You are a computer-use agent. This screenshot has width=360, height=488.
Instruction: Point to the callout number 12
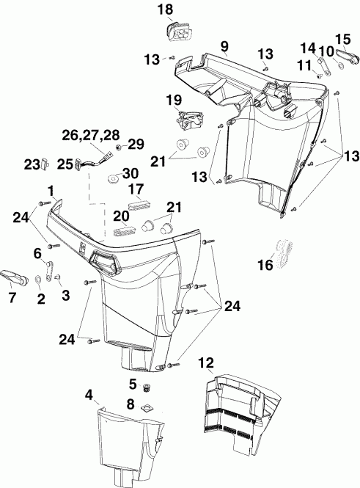(207, 362)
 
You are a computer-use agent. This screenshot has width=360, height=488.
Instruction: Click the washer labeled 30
(114, 178)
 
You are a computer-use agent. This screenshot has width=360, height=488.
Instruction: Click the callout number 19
(174, 98)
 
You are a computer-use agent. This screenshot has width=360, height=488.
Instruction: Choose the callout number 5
(133, 383)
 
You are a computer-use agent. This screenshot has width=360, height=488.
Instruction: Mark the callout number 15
(342, 38)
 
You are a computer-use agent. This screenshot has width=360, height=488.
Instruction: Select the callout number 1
(50, 190)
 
